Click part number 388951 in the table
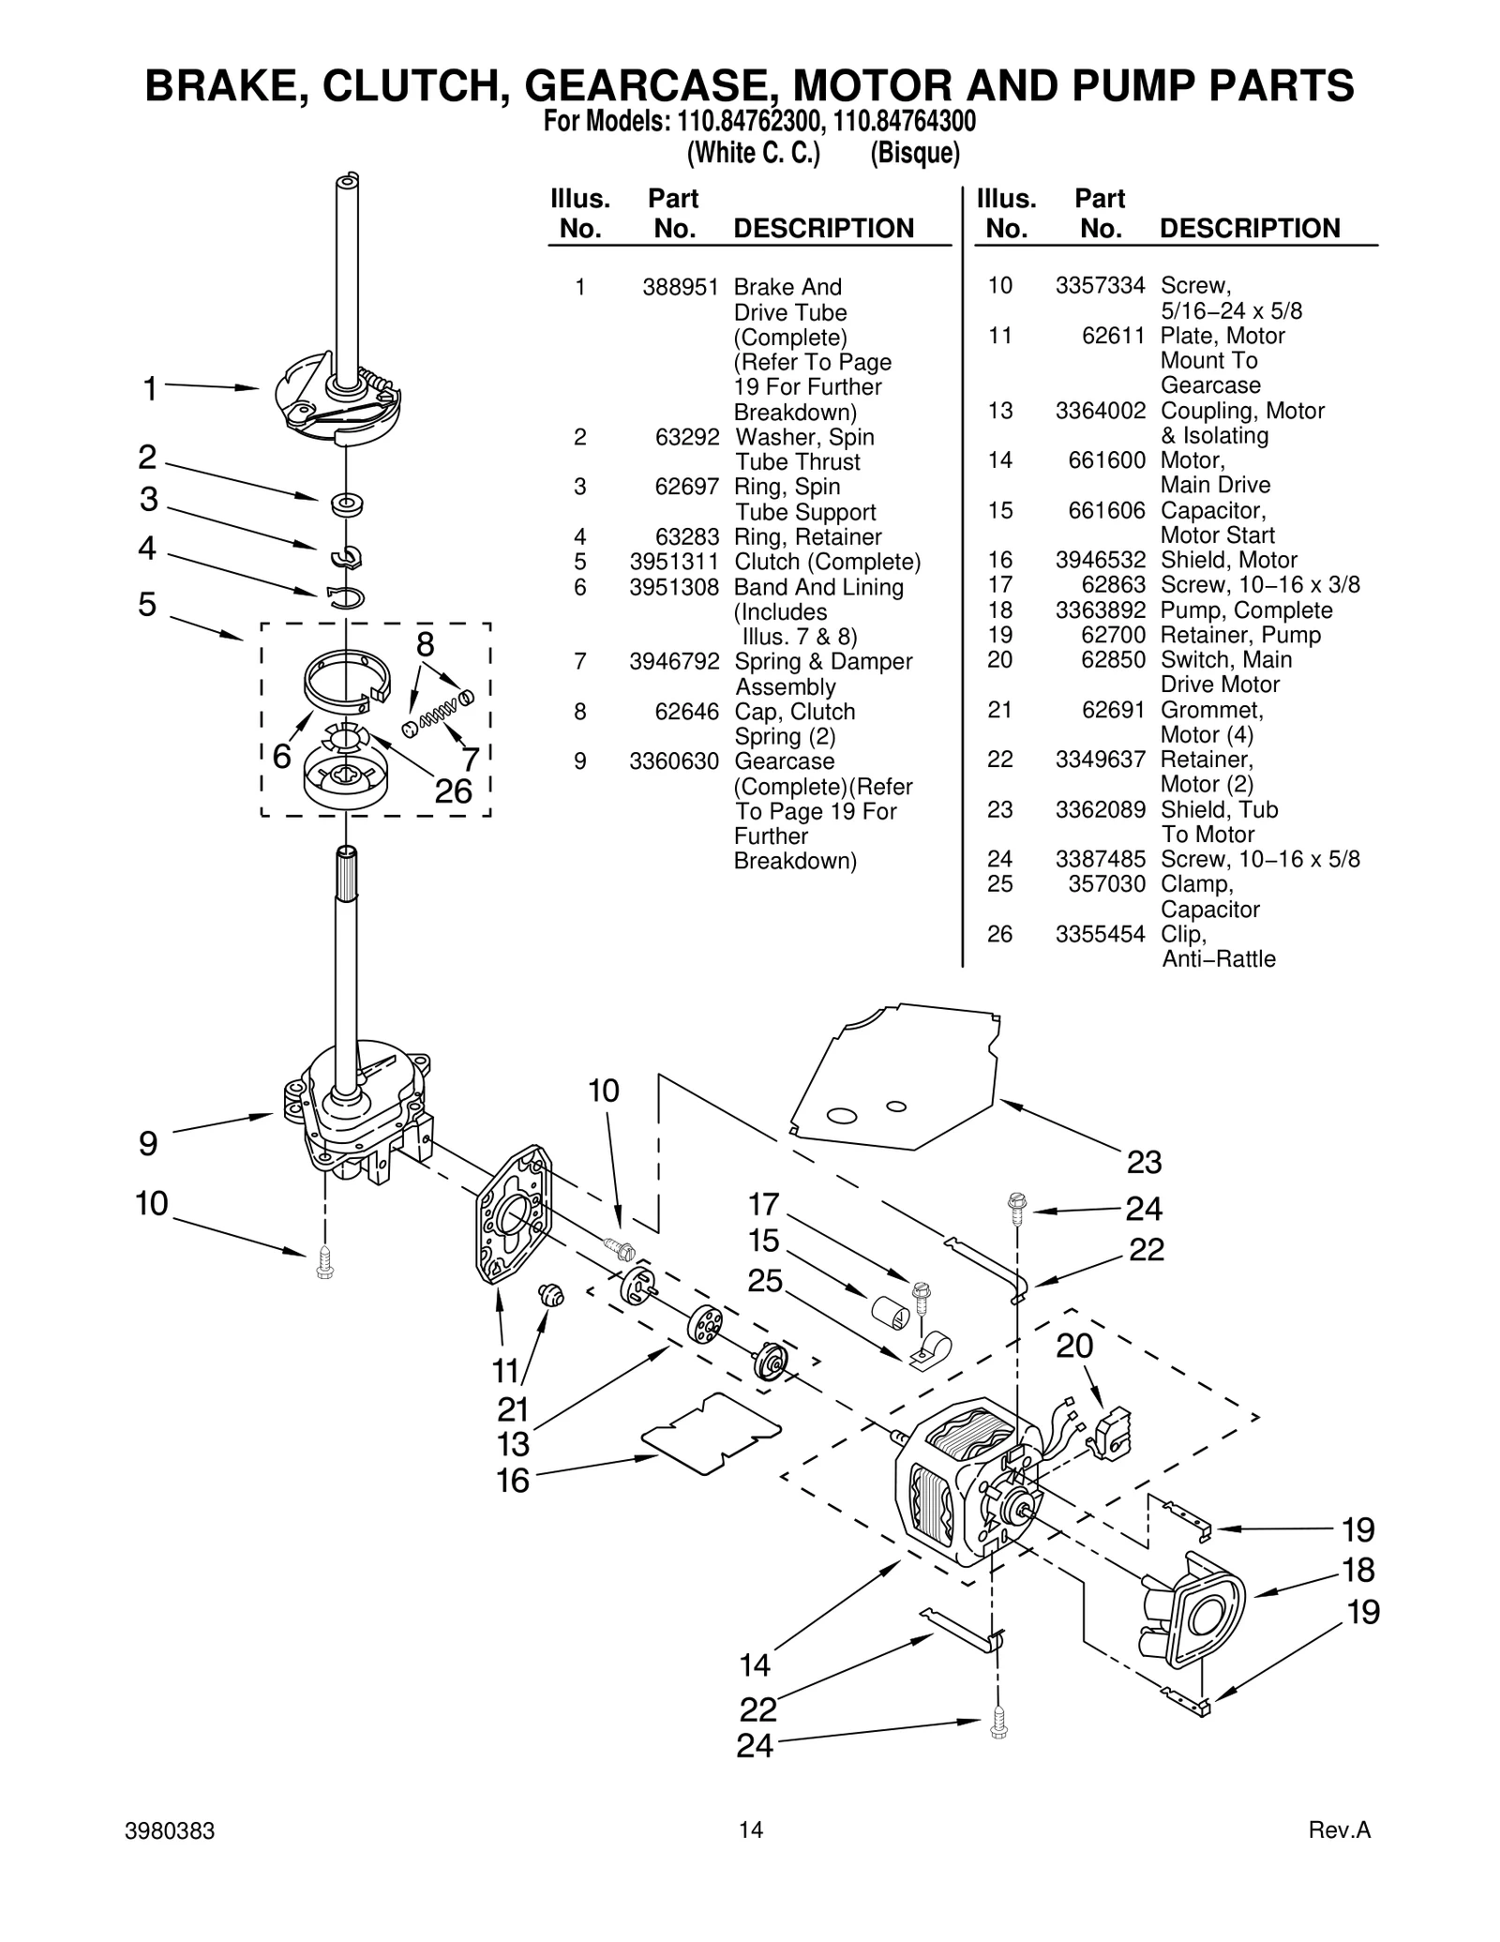coord(681,287)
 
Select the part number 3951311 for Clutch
coord(674,562)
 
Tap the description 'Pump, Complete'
coord(1246,610)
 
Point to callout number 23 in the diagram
coord(1144,1163)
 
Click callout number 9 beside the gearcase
coord(148,1144)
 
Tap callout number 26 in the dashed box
coord(453,791)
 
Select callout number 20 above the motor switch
coord(1074,1347)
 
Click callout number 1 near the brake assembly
coord(149,388)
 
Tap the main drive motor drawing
coord(966,1491)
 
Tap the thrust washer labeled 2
coord(347,504)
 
